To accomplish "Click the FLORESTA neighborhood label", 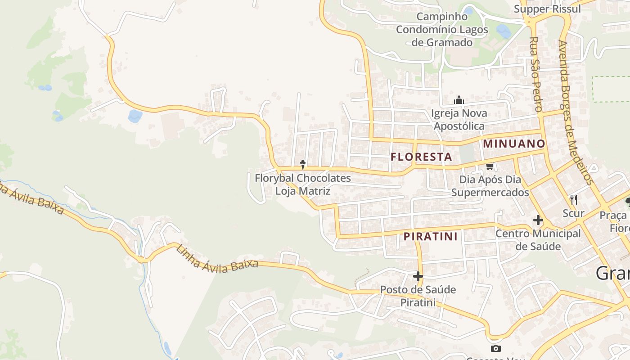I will click(x=421, y=157).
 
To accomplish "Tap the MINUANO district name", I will click(x=514, y=144).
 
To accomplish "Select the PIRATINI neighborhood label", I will click(x=430, y=236).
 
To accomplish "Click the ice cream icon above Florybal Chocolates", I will click(x=303, y=164).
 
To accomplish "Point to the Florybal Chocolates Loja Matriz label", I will click(x=303, y=184).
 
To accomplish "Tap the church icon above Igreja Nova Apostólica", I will click(x=459, y=100).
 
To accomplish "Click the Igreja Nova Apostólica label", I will click(x=459, y=119).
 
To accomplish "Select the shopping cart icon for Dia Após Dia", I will click(x=490, y=166).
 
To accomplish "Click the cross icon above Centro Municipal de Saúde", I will click(x=538, y=220).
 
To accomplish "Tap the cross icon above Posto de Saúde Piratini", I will click(x=418, y=276).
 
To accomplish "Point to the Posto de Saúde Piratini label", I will click(x=418, y=296).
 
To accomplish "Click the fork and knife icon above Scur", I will click(x=573, y=199).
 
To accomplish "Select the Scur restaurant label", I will click(x=573, y=213).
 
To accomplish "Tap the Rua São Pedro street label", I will click(x=535, y=74).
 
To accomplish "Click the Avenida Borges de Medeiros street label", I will click(x=575, y=112).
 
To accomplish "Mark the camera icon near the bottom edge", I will click(x=495, y=348).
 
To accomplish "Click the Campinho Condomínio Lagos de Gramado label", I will click(x=442, y=30).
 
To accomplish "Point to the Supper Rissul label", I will click(x=547, y=9).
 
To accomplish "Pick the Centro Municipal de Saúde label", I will click(x=538, y=240).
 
